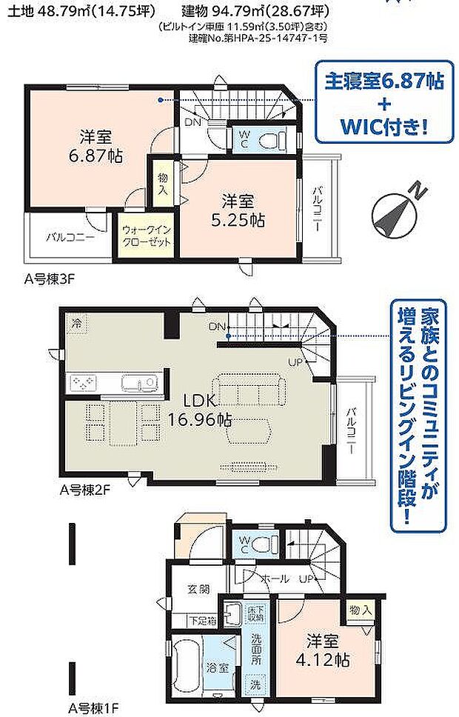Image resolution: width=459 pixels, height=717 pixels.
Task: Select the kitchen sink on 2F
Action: pyautogui.click(x=138, y=382)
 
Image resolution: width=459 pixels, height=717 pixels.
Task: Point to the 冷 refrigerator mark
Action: pyautogui.click(x=76, y=324)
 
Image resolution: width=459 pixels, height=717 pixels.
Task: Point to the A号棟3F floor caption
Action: pyautogui.click(x=47, y=279)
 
